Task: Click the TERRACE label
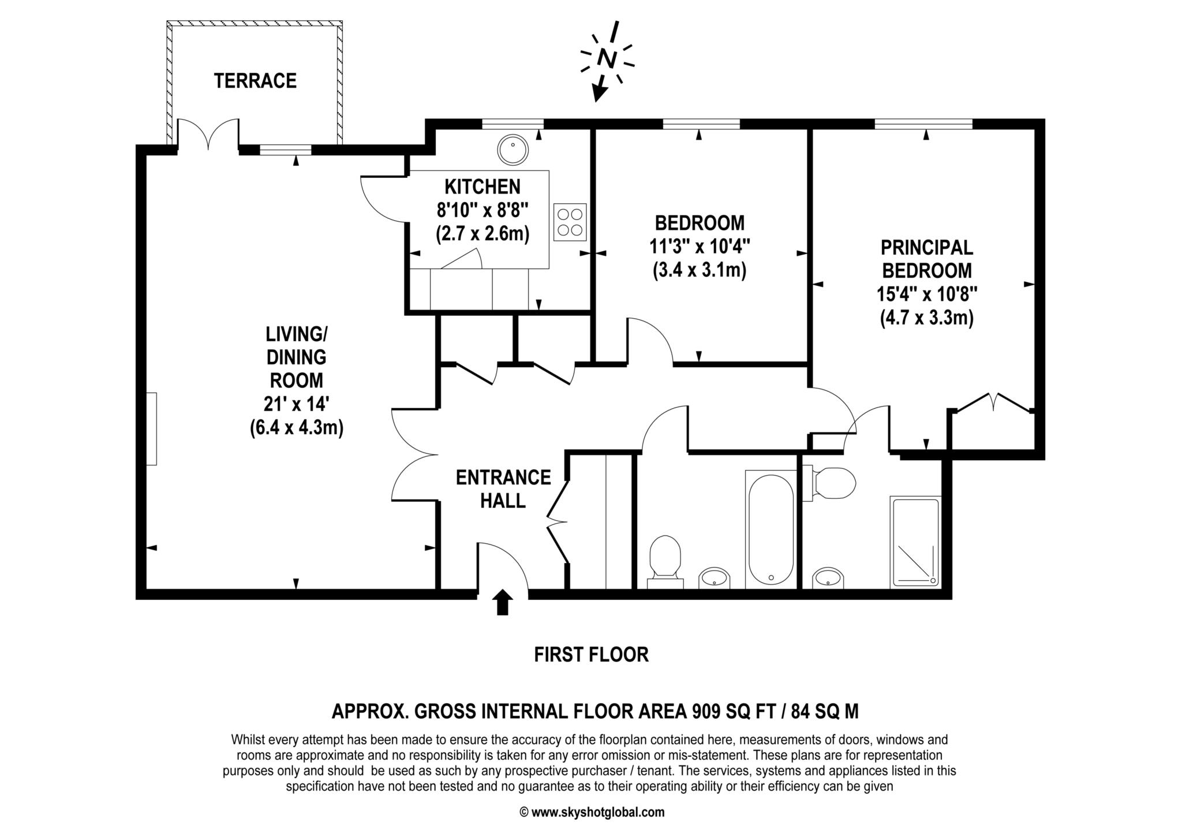pyautogui.click(x=255, y=81)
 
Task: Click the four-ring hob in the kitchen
pyautogui.click(x=570, y=222)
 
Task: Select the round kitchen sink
pyautogui.click(x=512, y=149)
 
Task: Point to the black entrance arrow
pyautogui.click(x=503, y=602)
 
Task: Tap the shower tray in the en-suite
pyautogui.click(x=916, y=541)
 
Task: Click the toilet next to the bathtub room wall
pyautogui.click(x=665, y=557)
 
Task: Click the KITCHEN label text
pyautogui.click(x=482, y=186)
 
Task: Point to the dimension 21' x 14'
pyautogui.click(x=297, y=404)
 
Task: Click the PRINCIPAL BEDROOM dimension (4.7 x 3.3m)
pyautogui.click(x=927, y=318)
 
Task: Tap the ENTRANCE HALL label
pyautogui.click(x=503, y=488)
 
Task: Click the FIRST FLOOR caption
pyautogui.click(x=591, y=655)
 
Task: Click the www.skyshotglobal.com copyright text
pyautogui.click(x=592, y=812)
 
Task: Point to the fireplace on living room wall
pyautogui.click(x=151, y=428)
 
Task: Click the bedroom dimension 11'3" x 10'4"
pyautogui.click(x=700, y=247)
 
